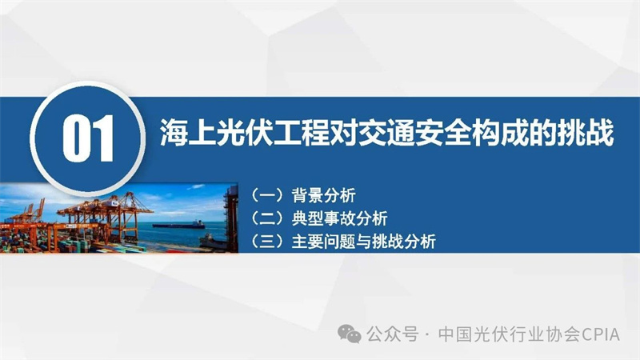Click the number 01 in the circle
point(88,138)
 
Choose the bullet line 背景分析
point(324,195)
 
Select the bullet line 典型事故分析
point(339,218)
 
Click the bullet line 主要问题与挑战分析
point(364,242)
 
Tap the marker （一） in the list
point(267,195)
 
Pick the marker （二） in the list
point(267,218)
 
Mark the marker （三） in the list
point(267,242)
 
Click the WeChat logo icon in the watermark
point(350,334)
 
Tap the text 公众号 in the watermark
point(392,334)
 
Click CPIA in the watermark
point(601,334)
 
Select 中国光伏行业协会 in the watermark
point(510,334)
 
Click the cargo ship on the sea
point(178,224)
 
